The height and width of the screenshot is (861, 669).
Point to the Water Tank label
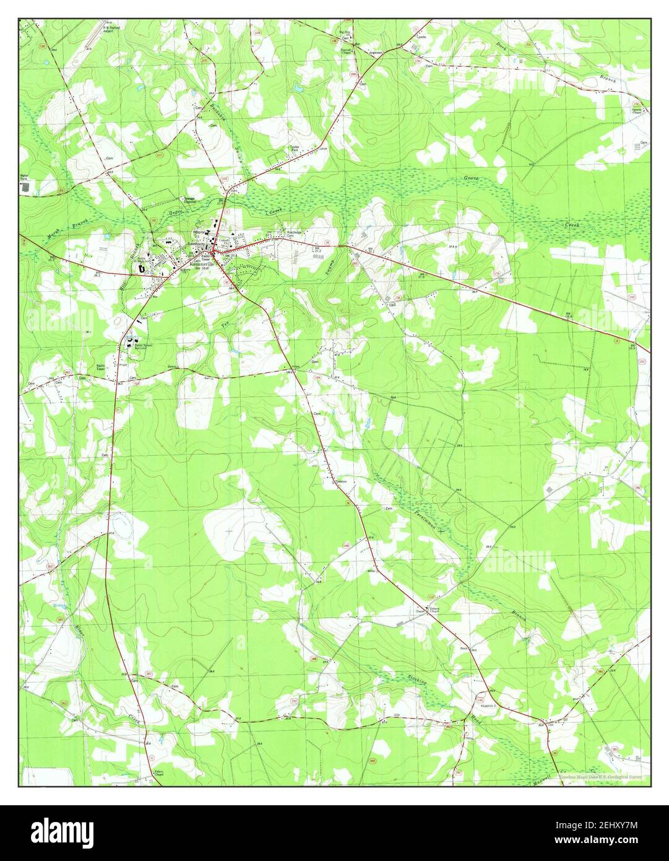pyautogui.click(x=25, y=177)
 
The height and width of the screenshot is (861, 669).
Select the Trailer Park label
pyautogui.click(x=295, y=149)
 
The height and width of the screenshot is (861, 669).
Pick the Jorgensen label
pyautogui.click(x=376, y=53)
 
